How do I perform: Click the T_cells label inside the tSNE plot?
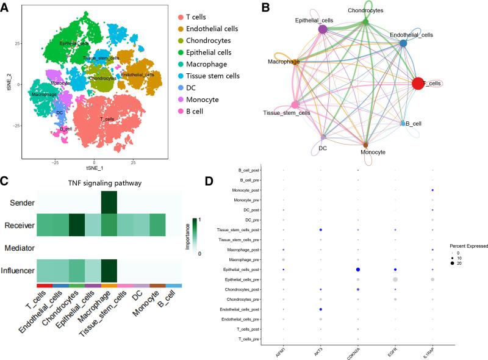click(x=106, y=118)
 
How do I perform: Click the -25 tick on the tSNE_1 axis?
click(x=56, y=164)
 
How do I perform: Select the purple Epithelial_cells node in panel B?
click(x=323, y=29)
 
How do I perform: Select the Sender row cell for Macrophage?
click(x=109, y=202)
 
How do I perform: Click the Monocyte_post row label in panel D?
click(x=260, y=190)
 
